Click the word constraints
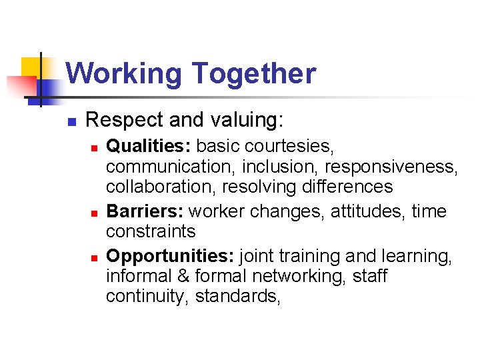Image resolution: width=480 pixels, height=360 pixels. (x=151, y=232)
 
